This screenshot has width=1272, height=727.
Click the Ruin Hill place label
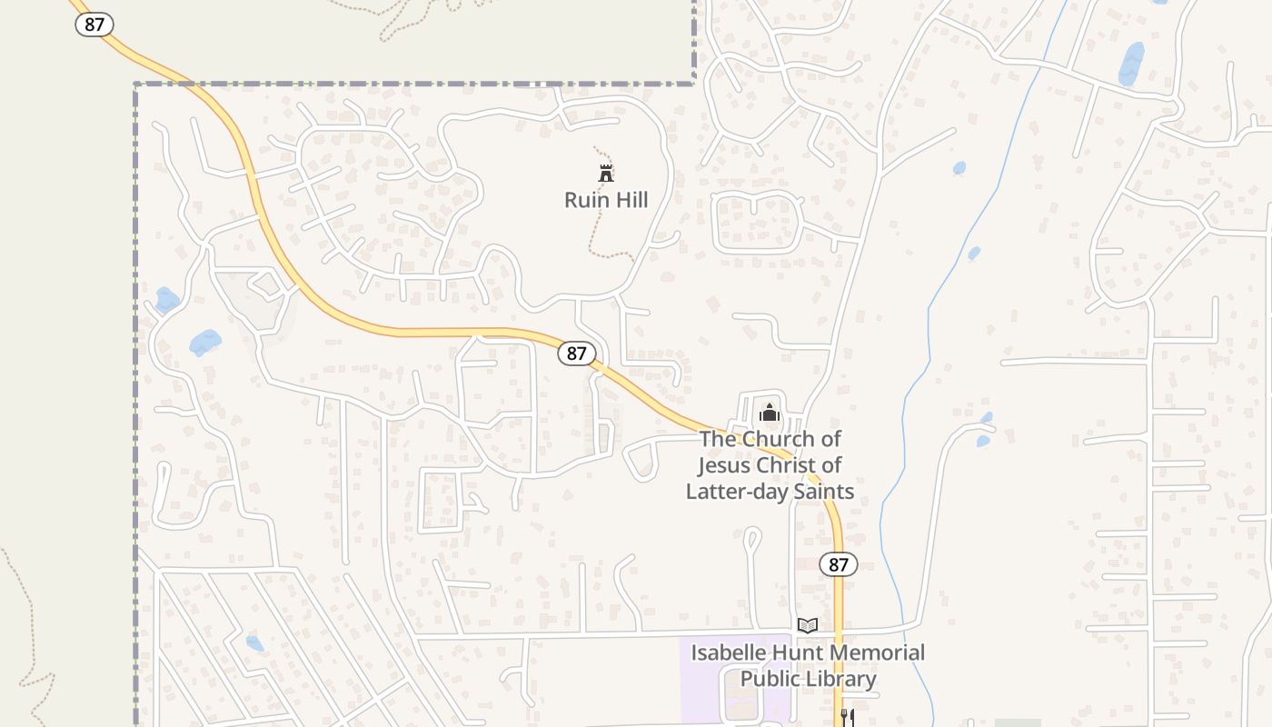coord(606,200)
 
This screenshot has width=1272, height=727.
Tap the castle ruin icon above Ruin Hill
coord(606,173)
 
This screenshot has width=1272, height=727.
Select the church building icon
coord(770,413)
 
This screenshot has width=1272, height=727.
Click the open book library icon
coord(807,625)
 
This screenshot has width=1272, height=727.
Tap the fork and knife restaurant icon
coord(847,718)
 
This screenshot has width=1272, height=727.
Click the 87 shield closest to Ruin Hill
coord(576,354)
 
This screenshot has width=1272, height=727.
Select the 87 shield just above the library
coord(838,564)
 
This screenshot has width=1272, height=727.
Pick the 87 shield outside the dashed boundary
coord(94,25)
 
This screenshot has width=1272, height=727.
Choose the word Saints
coord(822,492)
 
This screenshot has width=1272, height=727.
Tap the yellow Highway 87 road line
coord(409,332)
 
